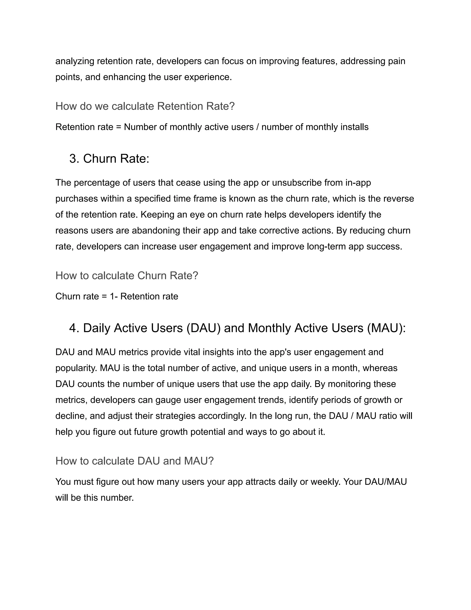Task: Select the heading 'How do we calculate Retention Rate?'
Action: pyautogui.click(x=145, y=106)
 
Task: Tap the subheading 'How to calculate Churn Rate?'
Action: pyautogui.click(x=127, y=276)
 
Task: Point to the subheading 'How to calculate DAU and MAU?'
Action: pyautogui.click(x=135, y=461)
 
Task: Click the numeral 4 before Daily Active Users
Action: pyautogui.click(x=73, y=328)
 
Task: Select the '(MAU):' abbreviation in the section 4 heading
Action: pyautogui.click(x=386, y=328)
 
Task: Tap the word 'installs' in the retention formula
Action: pyautogui.click(x=355, y=127)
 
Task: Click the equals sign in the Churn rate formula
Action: pyautogui.click(x=104, y=296)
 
